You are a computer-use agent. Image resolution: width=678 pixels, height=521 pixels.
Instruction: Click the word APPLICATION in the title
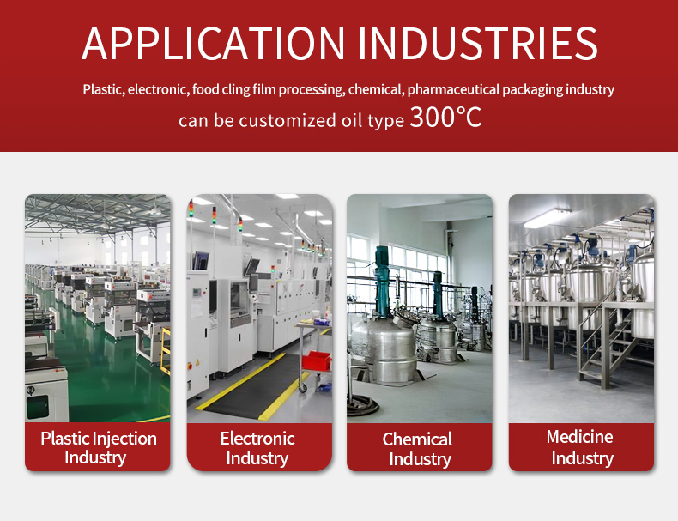point(213,43)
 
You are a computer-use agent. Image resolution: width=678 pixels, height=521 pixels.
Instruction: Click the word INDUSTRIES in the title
point(478,43)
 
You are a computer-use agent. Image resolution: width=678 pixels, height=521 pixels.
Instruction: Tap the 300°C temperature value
point(445,117)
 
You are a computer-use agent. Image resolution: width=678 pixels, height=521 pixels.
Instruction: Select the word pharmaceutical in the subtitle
point(454,89)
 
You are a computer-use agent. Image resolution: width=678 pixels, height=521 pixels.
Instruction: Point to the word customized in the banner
point(288,121)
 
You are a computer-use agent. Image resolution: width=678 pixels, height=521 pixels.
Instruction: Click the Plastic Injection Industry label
point(98,448)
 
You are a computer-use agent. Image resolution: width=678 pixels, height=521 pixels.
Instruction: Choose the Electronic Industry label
point(257,448)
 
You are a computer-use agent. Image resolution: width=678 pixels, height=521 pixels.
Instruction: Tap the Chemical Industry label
point(418,449)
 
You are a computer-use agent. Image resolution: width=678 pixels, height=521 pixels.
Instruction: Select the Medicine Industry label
point(580,447)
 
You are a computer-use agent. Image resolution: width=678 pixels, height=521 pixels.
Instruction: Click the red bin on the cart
point(316,361)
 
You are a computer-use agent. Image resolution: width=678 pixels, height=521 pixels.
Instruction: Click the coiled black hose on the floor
point(362,406)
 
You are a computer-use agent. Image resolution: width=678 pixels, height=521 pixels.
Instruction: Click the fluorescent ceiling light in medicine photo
point(548,218)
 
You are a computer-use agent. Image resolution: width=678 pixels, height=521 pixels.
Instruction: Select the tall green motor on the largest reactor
point(382,280)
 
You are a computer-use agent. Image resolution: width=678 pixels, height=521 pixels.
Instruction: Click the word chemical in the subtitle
point(375,89)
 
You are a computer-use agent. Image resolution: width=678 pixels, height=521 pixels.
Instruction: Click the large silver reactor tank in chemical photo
point(384,346)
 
